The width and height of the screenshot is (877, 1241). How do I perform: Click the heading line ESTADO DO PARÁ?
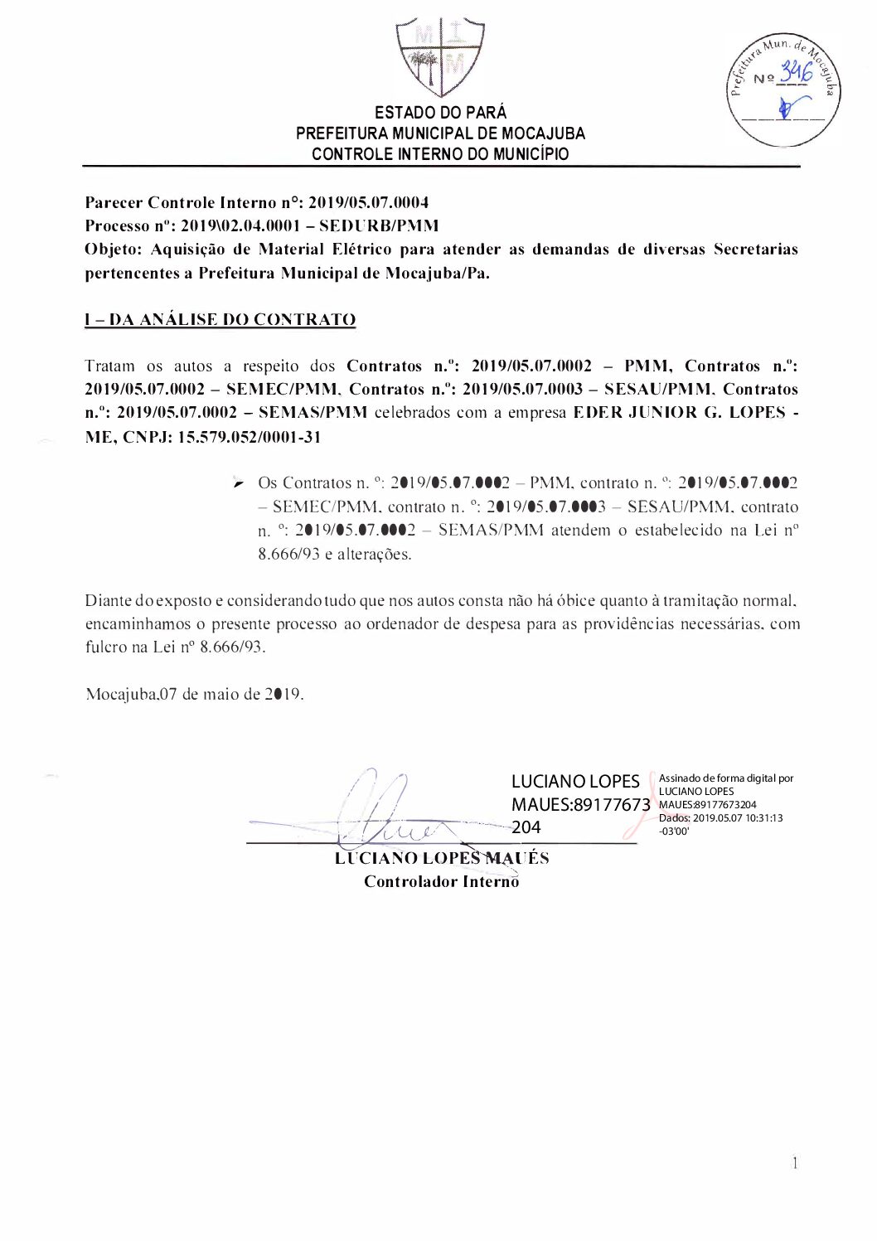coord(440,113)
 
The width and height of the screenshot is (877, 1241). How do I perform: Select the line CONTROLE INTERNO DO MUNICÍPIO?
coord(440,154)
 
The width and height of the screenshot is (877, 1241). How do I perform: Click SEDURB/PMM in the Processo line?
coord(379,225)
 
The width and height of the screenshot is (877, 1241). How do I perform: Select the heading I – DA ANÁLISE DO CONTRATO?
coord(220,320)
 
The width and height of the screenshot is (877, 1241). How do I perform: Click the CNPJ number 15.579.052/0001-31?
coord(250,437)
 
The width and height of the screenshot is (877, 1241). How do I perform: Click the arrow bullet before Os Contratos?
coord(239,483)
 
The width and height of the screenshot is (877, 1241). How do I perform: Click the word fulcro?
coord(106,647)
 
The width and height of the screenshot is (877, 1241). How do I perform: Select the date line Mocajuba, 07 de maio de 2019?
coord(195,695)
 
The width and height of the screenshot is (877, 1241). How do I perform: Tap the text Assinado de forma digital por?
coord(726,778)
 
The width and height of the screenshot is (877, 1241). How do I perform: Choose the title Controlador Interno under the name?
coord(441,881)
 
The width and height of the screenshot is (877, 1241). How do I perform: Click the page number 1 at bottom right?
coord(795,1164)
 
